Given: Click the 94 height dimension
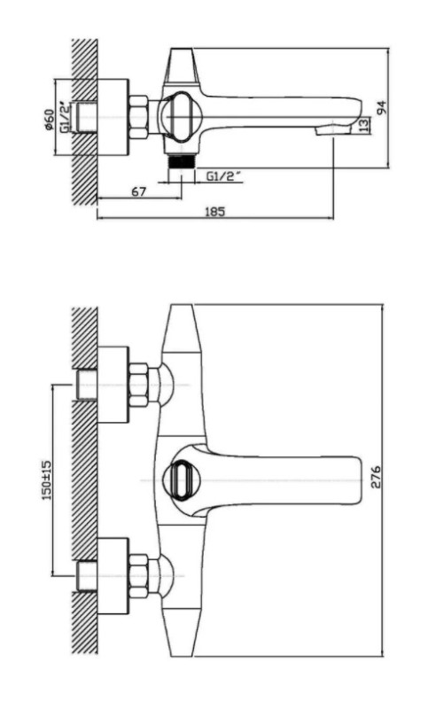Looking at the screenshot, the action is [382, 106].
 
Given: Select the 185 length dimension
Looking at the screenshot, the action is [215, 211].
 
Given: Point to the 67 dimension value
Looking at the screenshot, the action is [139, 191].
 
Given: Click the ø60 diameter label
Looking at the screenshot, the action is [50, 120].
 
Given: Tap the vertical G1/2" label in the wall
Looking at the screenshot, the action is [66, 117].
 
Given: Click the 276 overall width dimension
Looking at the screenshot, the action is [376, 477].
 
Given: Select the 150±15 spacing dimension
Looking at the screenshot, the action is [47, 479].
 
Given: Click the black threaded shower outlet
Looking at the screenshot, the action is [181, 161].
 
